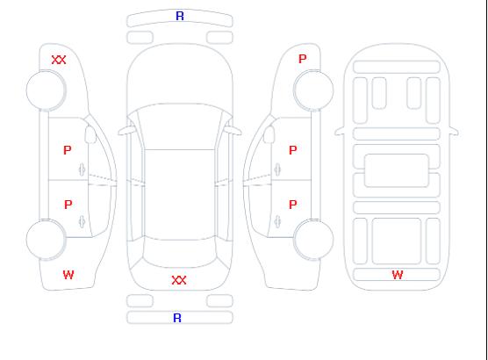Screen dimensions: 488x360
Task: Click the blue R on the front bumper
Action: click(x=180, y=16)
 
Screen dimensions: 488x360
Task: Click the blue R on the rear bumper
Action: click(x=177, y=318)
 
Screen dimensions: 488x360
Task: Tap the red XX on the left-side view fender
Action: click(x=59, y=60)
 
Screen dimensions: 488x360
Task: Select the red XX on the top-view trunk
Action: click(x=179, y=280)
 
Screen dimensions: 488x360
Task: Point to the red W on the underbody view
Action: click(x=398, y=275)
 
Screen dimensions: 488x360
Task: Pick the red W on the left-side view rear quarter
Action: click(x=68, y=275)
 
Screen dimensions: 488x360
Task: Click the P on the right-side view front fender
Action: click(x=303, y=59)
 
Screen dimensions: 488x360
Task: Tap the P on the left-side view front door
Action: click(x=68, y=150)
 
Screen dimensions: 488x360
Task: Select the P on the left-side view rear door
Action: click(x=68, y=205)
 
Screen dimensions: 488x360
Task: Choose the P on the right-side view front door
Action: click(x=293, y=150)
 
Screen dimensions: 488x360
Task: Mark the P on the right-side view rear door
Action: click(x=293, y=205)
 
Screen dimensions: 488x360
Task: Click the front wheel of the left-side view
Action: click(x=46, y=90)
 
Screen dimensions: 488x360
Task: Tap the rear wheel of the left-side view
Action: click(x=46, y=240)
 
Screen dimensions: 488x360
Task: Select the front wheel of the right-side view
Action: click(x=313, y=90)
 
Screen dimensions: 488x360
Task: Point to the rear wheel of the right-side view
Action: click(x=313, y=240)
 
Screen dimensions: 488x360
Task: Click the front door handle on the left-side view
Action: click(x=82, y=169)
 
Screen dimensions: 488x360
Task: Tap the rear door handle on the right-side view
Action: click(x=277, y=222)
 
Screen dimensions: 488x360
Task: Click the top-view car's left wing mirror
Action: click(x=126, y=131)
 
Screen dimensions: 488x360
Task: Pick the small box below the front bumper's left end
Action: click(x=140, y=38)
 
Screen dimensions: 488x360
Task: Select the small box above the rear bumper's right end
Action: click(x=219, y=301)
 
